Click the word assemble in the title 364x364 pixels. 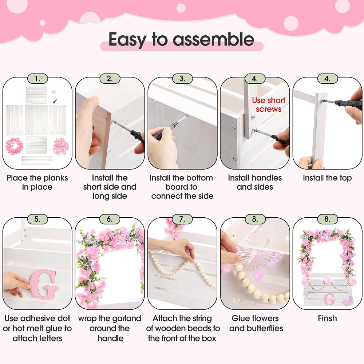click(x=213, y=39)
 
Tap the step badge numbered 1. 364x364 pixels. click(x=37, y=79)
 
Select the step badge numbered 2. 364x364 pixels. click(x=110, y=79)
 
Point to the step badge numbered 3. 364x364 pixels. click(x=182, y=79)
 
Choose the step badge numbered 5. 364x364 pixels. click(x=37, y=219)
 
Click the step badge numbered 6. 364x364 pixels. click(x=110, y=219)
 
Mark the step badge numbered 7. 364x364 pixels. click(x=182, y=219)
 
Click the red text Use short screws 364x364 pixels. click(x=269, y=105)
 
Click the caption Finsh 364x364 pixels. click(x=327, y=318)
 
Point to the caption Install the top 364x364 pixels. click(x=327, y=178)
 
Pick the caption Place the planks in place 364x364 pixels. click(x=37, y=182)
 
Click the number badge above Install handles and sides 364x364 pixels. click(x=255, y=79)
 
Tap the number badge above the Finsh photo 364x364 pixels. click(x=327, y=219)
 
